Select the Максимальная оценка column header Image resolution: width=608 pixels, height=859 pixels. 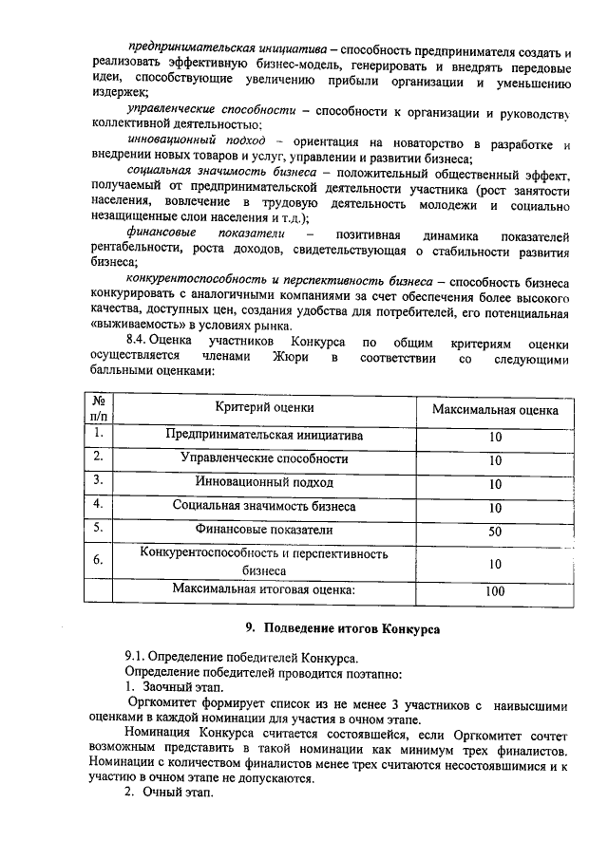[494, 409]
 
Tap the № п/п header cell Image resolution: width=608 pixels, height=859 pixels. [98, 408]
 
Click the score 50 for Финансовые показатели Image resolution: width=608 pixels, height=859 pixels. [494, 531]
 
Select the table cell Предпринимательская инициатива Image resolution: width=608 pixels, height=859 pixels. [264, 436]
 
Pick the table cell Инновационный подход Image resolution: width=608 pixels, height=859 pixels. [264, 482]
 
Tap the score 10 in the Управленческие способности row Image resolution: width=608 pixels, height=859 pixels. [494, 460]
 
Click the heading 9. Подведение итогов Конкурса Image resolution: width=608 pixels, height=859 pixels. [343, 628]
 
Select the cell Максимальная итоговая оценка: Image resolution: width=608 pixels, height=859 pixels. [264, 589]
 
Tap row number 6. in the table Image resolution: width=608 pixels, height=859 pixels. [97, 560]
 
